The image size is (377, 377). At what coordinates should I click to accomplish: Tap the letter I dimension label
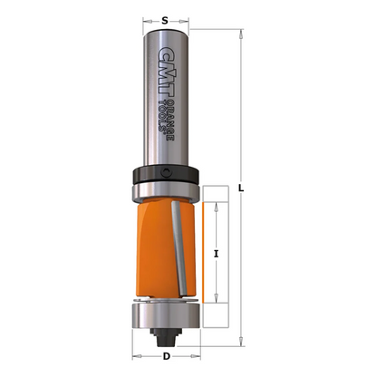pos(216,254)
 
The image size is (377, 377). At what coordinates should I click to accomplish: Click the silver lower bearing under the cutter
pos(164,315)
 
